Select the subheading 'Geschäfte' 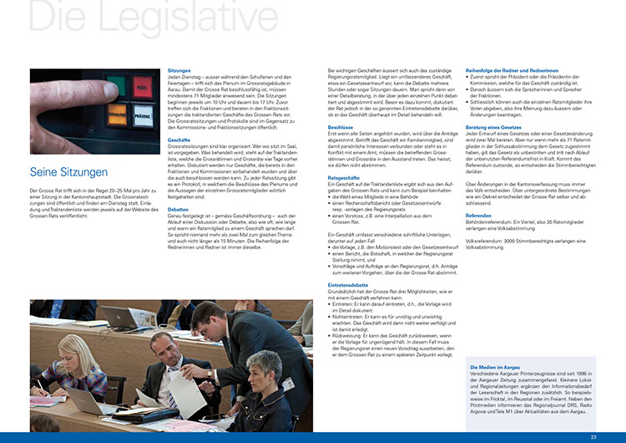click(x=179, y=140)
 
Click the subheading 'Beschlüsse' click(x=343, y=126)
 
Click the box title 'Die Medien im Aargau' click(x=497, y=367)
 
